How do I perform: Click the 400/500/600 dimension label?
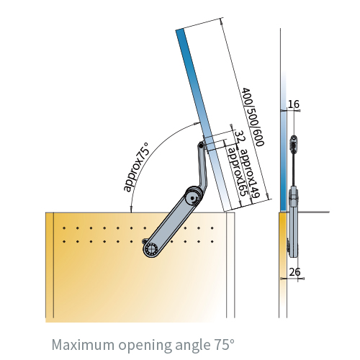(x=253, y=117)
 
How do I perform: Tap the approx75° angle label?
(x=136, y=168)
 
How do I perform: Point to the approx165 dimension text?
(x=237, y=172)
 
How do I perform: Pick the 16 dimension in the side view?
(x=294, y=104)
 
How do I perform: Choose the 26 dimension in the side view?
(x=294, y=272)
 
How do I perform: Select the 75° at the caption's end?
(x=223, y=344)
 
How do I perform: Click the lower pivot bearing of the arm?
(x=150, y=250)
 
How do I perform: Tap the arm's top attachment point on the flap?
(x=200, y=145)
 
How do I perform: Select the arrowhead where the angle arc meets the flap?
(x=197, y=123)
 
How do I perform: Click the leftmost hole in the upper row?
(x=64, y=228)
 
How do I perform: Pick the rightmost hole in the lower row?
(x=212, y=241)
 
